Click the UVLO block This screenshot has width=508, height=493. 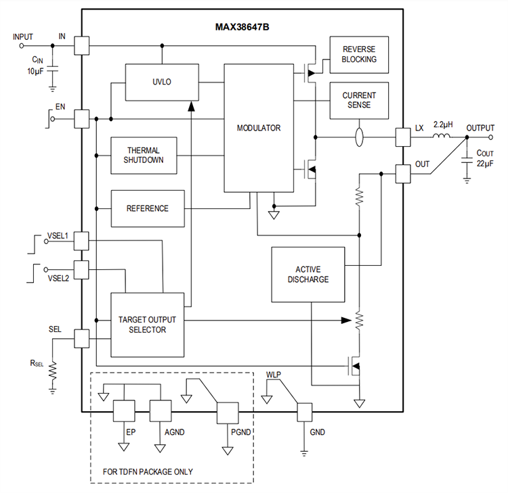point(162,82)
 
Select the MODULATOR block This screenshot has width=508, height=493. point(258,128)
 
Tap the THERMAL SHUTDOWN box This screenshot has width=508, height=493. point(143,155)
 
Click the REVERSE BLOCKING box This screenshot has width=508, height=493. point(359,55)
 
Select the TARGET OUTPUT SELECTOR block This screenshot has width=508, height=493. point(147,325)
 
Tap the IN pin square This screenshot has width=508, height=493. point(82,46)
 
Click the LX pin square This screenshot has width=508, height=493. point(403,137)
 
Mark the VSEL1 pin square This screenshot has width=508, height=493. point(82,239)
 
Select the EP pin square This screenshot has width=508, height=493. point(124,410)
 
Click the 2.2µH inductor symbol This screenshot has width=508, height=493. point(442,137)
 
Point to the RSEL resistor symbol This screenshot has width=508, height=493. point(53,371)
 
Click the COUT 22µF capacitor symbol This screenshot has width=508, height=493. point(467,160)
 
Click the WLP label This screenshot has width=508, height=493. point(274,373)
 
